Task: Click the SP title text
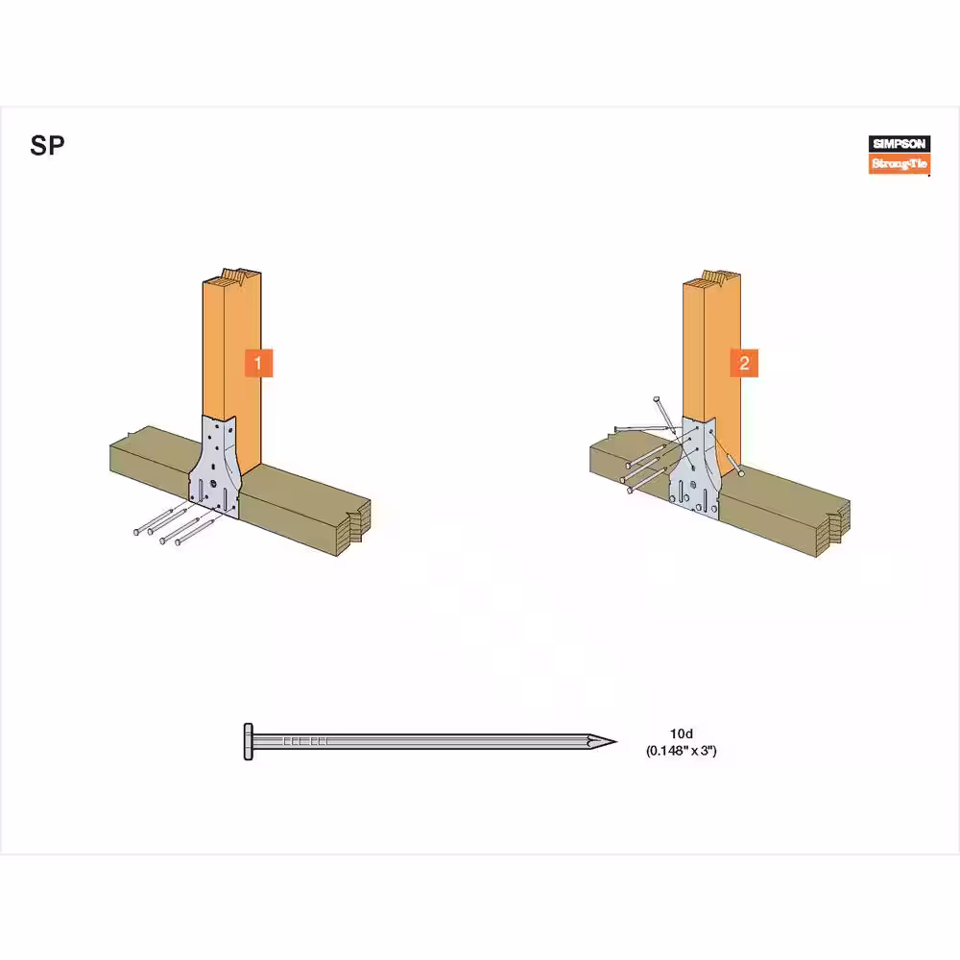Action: point(47,146)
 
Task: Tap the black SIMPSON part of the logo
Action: point(900,144)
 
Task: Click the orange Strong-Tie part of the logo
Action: point(900,163)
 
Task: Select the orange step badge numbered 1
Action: point(258,363)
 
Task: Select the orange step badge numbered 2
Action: point(744,363)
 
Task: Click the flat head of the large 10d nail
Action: point(248,741)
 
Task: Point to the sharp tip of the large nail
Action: point(616,742)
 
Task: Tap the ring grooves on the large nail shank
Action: point(305,741)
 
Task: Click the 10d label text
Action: point(681,733)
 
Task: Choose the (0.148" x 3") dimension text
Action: point(681,751)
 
